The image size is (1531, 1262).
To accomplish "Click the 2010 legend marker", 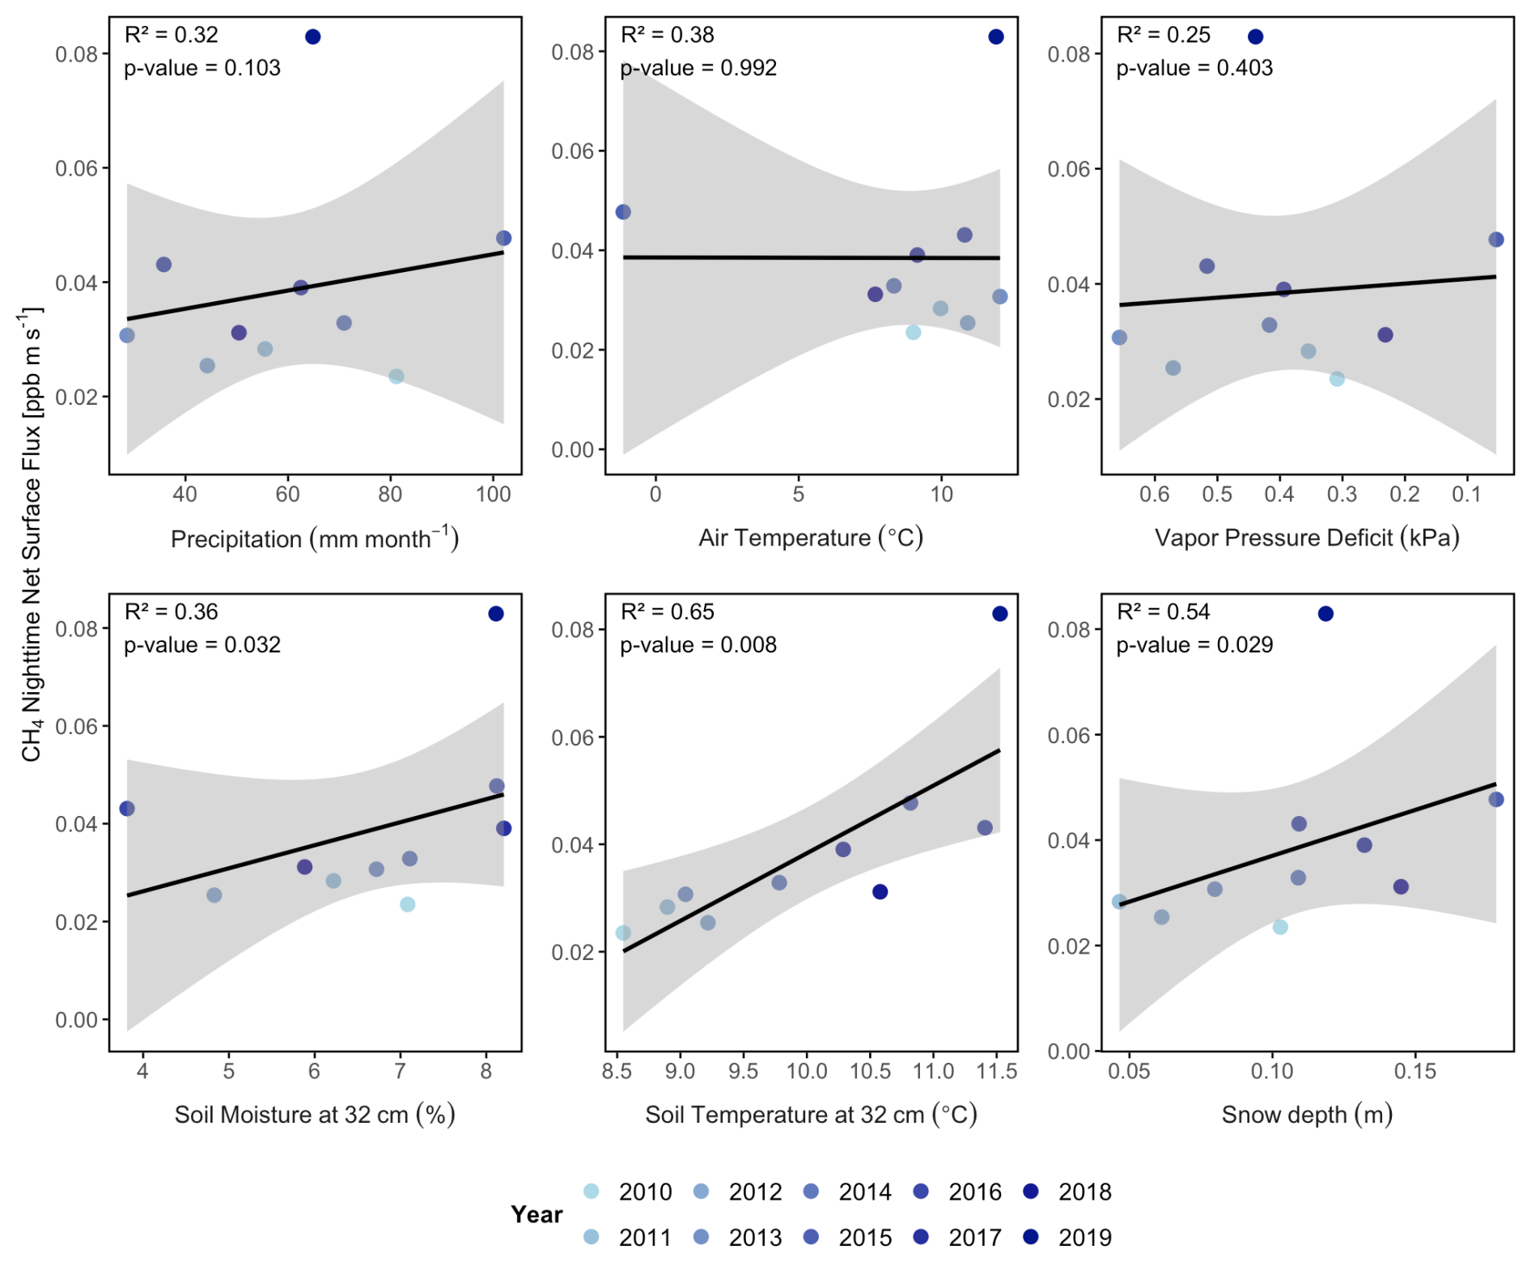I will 592,1191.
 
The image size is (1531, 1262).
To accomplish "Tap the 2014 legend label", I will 864,1192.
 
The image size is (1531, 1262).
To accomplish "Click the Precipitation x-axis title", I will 315,538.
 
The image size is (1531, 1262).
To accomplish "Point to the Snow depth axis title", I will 1307,1115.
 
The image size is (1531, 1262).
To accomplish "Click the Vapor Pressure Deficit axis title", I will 1307,538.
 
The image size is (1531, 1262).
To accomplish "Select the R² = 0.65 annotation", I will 668,612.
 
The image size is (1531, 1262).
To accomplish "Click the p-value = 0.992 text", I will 698,68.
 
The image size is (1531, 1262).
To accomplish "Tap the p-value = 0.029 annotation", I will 1194,645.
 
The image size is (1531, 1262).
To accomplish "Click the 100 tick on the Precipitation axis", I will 493,494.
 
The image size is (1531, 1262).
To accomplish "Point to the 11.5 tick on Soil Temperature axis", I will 997,1071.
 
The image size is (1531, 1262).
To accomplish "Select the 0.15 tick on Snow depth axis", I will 1415,1071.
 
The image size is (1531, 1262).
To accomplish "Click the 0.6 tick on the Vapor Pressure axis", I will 1154,494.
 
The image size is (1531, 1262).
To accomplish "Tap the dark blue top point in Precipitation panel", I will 313,36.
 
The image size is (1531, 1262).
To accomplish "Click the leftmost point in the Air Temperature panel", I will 623,212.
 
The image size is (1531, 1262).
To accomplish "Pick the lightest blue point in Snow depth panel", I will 1280,927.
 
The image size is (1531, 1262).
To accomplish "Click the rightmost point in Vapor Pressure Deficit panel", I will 1496,240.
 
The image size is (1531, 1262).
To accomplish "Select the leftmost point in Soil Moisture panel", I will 127,809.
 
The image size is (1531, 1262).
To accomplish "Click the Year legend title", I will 536,1214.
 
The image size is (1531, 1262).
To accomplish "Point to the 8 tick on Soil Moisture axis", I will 486,1071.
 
